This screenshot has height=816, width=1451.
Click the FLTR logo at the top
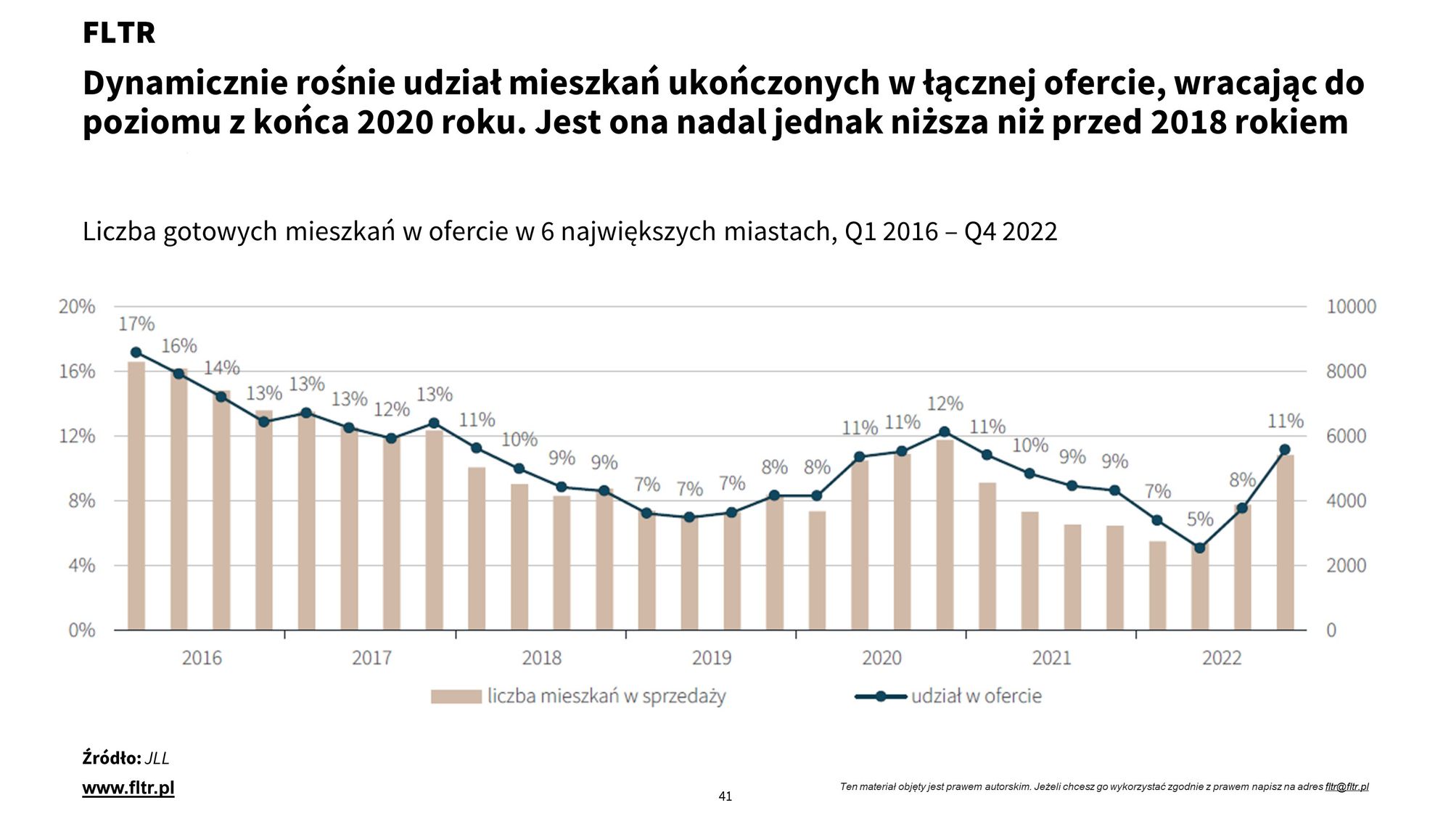(118, 33)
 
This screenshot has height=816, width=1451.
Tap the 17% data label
(136, 323)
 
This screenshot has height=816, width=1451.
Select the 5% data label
(1200, 519)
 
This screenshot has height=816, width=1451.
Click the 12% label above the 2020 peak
(945, 403)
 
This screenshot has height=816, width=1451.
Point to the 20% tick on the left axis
(77, 307)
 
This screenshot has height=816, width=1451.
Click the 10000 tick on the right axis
(1351, 307)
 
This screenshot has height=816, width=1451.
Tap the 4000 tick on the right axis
(1346, 500)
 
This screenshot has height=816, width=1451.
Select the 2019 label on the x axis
(712, 658)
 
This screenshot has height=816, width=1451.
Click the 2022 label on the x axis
(1222, 658)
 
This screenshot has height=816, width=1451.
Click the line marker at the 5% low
(1200, 548)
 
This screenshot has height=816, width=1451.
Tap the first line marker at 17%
(136, 353)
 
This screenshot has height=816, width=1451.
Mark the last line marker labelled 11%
(1285, 450)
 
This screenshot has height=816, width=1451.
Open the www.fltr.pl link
(128, 788)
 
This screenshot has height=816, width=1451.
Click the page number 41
(725, 796)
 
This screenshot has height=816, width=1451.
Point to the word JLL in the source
(157, 759)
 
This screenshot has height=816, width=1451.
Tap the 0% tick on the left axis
(81, 630)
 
